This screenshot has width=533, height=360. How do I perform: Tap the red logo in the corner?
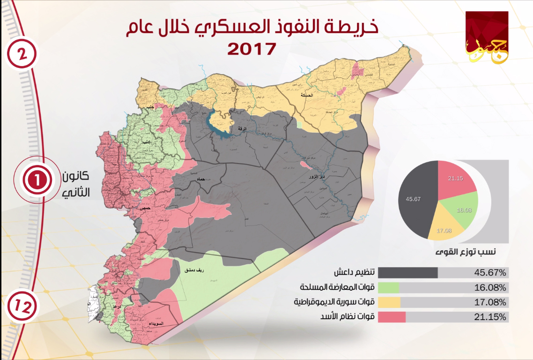tap(487, 37)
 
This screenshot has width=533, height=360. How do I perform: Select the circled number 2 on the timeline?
tap(21, 54)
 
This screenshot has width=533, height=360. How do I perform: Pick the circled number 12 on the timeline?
tap(21, 307)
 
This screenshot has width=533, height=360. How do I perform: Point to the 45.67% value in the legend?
tap(489, 272)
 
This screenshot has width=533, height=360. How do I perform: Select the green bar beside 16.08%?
tap(388, 287)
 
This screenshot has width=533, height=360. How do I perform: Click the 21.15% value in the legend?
tap(489, 317)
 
